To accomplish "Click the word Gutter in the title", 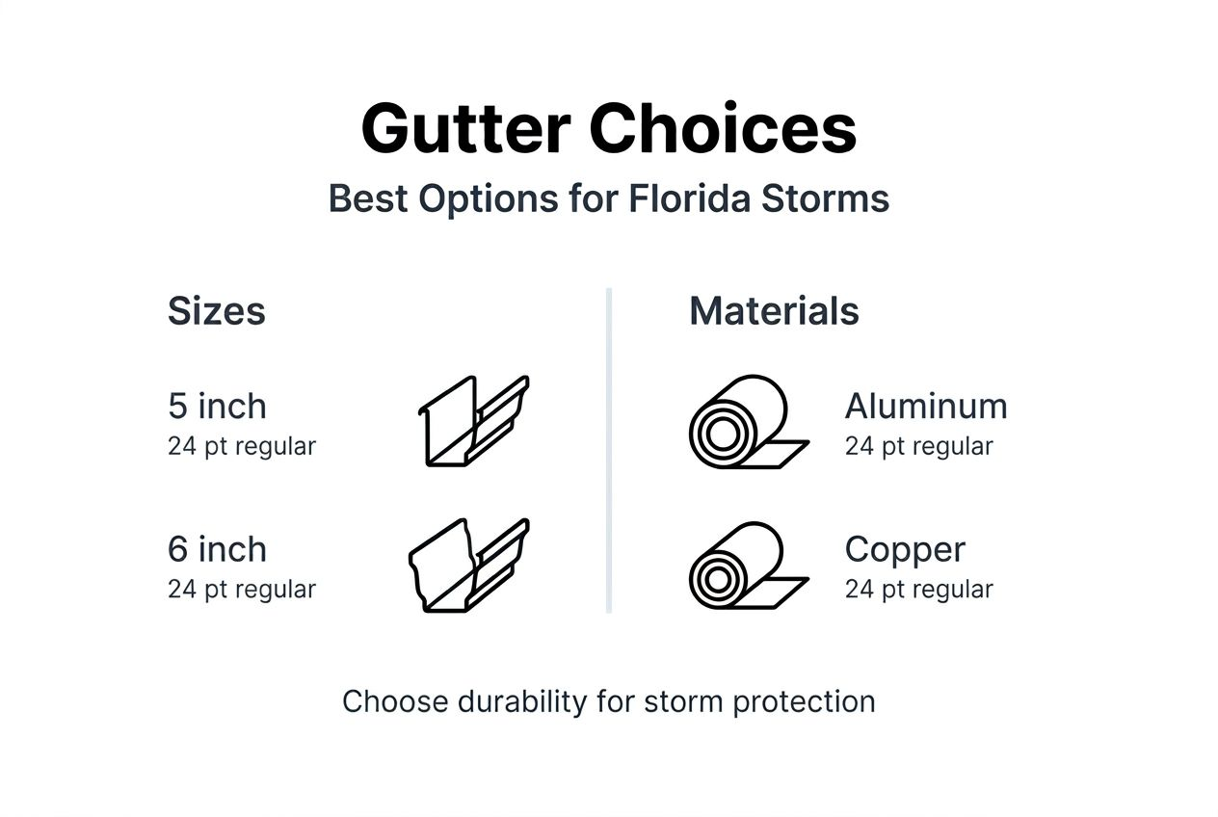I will point(466,128).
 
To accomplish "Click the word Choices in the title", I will point(724,128).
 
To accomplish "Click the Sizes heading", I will point(216,311).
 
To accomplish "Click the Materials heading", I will point(774,311).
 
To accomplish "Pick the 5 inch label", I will point(217,407).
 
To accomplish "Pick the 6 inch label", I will point(217,549).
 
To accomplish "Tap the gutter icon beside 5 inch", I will point(473,421).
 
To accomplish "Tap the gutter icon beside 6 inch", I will point(469,565).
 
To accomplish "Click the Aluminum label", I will point(926,407).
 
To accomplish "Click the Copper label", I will point(905,549).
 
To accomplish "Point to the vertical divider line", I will point(609,450).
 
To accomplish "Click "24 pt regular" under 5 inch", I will point(242,447).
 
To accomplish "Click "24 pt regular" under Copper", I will point(918,590).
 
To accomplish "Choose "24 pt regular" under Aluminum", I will point(918,447).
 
